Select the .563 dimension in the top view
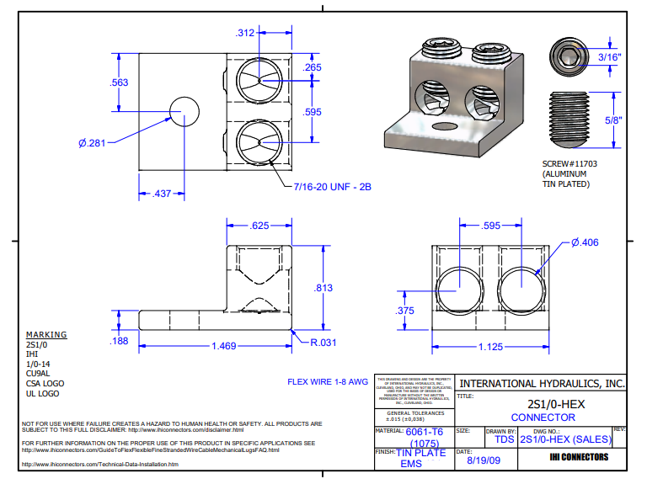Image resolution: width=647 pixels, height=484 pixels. [x=120, y=82]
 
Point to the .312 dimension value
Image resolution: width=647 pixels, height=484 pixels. [x=246, y=33]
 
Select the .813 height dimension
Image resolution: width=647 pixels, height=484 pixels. [x=323, y=288]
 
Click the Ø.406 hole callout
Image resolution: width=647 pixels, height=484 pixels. [x=585, y=242]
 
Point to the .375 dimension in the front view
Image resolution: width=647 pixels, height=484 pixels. [x=406, y=311]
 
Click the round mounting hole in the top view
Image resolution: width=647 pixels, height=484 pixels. [x=185, y=110]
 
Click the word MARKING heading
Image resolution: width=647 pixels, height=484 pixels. [x=46, y=334]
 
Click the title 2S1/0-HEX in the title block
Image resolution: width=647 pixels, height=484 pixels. [x=543, y=404]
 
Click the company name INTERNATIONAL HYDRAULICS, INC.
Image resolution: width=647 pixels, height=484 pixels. [x=542, y=383]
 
